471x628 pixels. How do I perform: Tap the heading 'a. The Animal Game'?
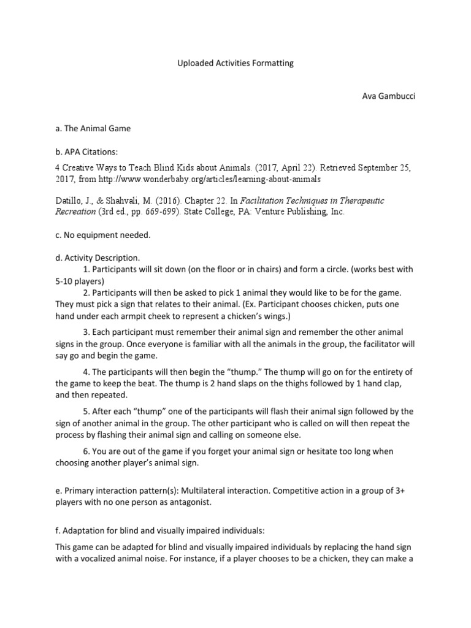93,128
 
